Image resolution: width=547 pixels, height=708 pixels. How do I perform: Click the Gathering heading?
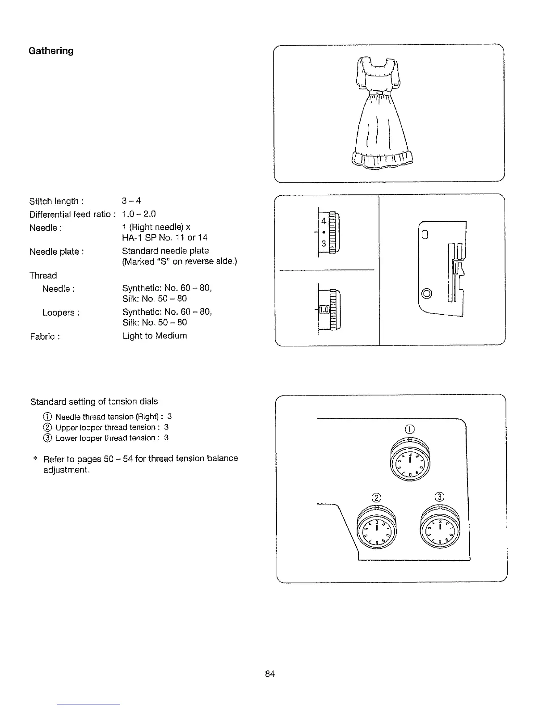51,51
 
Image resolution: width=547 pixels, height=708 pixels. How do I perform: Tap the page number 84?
269,674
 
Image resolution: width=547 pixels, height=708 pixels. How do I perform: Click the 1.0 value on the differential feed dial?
324,309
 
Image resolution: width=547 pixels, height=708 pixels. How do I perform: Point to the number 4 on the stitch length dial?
324,221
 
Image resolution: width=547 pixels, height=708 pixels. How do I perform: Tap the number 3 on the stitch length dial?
324,244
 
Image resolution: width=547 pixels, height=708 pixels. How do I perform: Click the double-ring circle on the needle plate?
427,293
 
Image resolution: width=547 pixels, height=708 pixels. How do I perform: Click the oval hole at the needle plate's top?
425,233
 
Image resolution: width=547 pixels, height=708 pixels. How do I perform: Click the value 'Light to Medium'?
155,336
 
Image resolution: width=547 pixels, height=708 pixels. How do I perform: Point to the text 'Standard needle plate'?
165,251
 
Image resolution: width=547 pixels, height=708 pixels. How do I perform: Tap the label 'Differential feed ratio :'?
73,215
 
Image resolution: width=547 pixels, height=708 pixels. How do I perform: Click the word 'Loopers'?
59,312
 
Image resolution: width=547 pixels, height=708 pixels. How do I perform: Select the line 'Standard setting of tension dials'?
94,401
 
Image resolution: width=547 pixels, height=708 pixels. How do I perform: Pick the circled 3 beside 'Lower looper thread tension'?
47,438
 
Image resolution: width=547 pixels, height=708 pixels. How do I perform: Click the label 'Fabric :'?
45,336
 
